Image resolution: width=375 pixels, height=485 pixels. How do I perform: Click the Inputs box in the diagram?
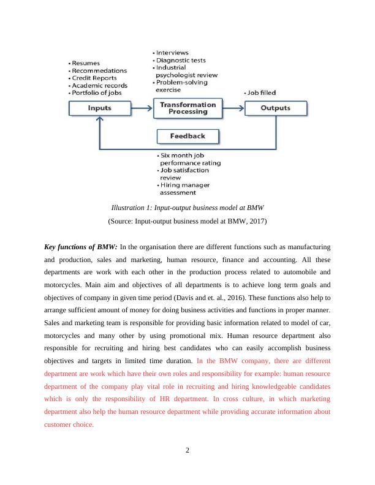pyautogui.click(x=99, y=108)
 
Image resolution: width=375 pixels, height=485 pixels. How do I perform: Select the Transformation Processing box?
pyautogui.click(x=187, y=108)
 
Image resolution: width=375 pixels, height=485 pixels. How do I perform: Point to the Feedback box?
pyautogui.click(x=187, y=136)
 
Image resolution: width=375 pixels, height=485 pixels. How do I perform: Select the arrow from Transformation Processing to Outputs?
pyautogui.click(x=233, y=108)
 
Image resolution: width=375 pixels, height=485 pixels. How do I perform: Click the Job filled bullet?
pyautogui.click(x=261, y=92)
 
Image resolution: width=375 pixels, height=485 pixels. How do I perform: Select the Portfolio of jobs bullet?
pyautogui.click(x=98, y=92)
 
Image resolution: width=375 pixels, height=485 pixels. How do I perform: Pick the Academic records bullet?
pyautogui.click(x=99, y=85)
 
